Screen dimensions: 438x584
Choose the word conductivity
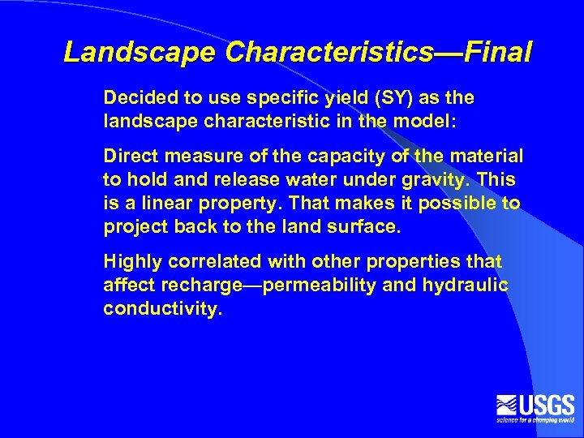[162, 309]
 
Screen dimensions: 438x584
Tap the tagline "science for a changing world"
[535, 420]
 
